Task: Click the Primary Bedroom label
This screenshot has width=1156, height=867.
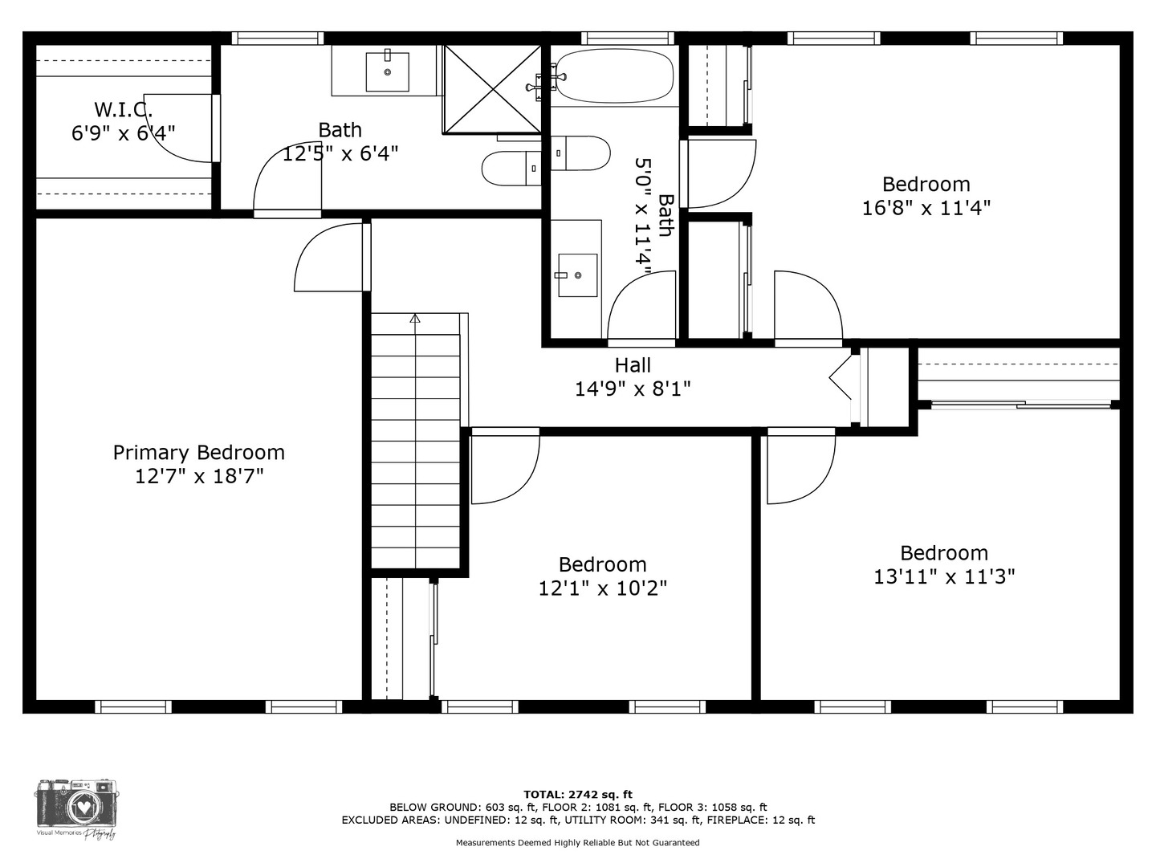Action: pyautogui.click(x=198, y=453)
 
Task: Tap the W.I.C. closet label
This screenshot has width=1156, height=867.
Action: pyautogui.click(x=124, y=109)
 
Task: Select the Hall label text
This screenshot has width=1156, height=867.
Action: pyautogui.click(x=633, y=365)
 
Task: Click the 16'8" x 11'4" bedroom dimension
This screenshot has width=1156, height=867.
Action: pyautogui.click(x=926, y=208)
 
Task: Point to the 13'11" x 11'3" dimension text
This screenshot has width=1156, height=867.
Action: pyautogui.click(x=944, y=577)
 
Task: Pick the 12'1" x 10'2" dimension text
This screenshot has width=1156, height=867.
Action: pyautogui.click(x=603, y=588)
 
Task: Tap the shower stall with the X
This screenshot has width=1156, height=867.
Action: pyautogui.click(x=492, y=89)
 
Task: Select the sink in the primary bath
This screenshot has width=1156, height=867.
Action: pyautogui.click(x=388, y=71)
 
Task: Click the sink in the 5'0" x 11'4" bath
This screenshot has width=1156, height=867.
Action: pyautogui.click(x=578, y=275)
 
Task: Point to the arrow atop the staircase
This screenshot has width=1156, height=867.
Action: pyautogui.click(x=415, y=319)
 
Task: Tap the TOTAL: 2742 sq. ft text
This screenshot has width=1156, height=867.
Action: pyautogui.click(x=578, y=795)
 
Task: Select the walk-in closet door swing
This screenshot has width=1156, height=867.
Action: pyautogui.click(x=179, y=128)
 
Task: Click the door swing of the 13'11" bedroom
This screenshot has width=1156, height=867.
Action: pyautogui.click(x=801, y=466)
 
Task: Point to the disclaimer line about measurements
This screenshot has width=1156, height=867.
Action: pyautogui.click(x=578, y=843)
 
